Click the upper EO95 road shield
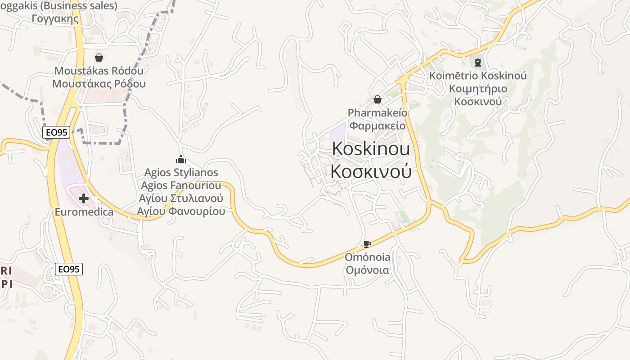[56, 132]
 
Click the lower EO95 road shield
[69, 269]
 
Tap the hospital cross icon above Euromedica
[83, 198]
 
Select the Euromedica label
[84, 211]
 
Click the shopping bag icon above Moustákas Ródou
[99, 58]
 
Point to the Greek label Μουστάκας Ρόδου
[99, 84]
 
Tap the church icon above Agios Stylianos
[181, 159]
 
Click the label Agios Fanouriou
[181, 185]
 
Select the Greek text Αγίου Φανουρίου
[181, 211]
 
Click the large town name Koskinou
[371, 149]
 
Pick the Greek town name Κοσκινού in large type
[371, 171]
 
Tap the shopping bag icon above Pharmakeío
[378, 99]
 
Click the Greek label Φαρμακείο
[378, 126]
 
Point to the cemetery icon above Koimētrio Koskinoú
[478, 62]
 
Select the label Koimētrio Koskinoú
[478, 76]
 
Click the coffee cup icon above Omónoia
[367, 244]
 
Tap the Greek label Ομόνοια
[367, 270]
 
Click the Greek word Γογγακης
[56, 19]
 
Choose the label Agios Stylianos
[181, 172]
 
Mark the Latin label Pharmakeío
[378, 112]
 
